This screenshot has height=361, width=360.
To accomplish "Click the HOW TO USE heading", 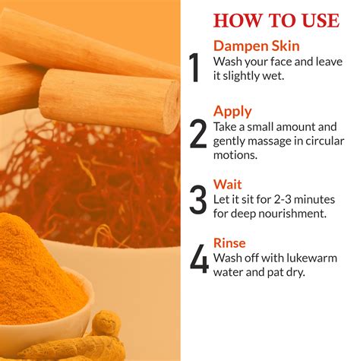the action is tap(276, 21).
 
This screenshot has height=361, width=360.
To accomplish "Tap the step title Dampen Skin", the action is tap(257, 46).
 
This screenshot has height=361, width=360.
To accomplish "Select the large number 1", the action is tap(194, 68).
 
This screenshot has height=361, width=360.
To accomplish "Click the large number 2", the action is tap(198, 134).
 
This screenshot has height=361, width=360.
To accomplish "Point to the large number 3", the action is tap(198, 200).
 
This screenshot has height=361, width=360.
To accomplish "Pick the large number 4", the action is tap(199, 258).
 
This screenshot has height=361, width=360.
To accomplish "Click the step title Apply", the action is tap(232, 112).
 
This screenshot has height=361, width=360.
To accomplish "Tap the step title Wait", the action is tap(227, 184).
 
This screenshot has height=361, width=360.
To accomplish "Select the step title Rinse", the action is tap(229, 243).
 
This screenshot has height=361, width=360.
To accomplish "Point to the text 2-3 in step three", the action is tap(283, 199).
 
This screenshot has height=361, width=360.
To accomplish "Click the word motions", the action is tap(235, 155).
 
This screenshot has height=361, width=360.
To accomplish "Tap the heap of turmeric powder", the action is tap(38, 271).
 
